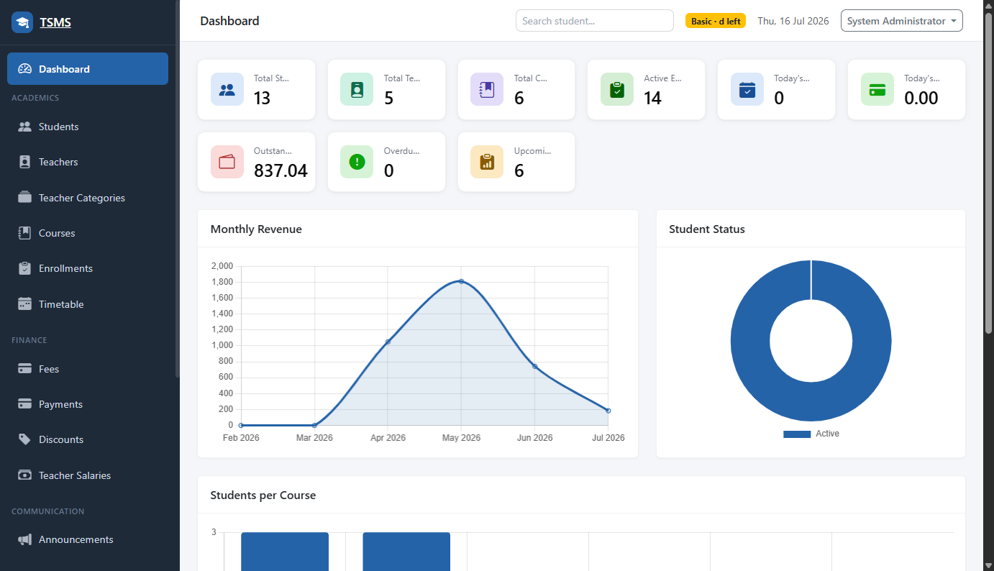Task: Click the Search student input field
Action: [x=594, y=21]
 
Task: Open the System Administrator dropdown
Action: [x=901, y=21]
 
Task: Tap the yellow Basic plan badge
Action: [x=716, y=21]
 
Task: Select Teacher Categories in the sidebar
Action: [x=82, y=198]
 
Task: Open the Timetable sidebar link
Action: [x=61, y=304]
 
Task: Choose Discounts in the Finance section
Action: [x=61, y=439]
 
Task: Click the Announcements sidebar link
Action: [x=76, y=539]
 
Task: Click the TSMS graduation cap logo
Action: [x=22, y=22]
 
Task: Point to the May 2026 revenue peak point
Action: [x=462, y=281]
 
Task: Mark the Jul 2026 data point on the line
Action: [x=608, y=411]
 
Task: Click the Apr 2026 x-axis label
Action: [x=388, y=437]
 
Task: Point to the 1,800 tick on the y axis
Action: [x=222, y=282]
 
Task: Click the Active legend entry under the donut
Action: [x=811, y=434]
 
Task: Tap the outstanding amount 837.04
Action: [x=281, y=170]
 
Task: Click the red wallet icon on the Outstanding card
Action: [x=227, y=162]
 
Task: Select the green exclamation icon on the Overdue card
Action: [x=357, y=162]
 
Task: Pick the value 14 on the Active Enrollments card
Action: [x=652, y=98]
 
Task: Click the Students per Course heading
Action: [x=263, y=495]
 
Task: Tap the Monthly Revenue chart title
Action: [x=256, y=229]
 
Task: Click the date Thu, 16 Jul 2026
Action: [x=793, y=21]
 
